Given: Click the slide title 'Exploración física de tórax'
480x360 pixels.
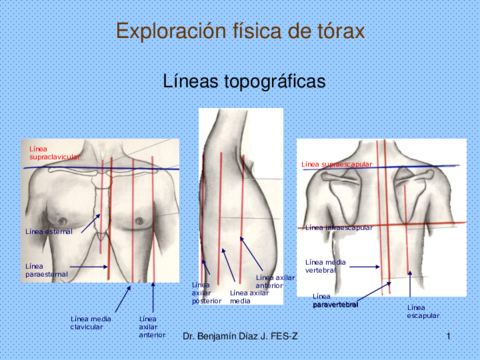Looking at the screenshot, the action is point(240,31).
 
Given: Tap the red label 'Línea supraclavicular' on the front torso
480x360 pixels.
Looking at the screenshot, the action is point(51,153).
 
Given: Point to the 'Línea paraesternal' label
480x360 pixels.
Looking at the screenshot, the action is point(44,270).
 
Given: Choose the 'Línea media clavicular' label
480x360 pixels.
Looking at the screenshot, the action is point(91,321).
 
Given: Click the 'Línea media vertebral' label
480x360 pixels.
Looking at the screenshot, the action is point(326,265).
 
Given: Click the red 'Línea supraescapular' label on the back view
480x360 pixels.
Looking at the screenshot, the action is point(336,163).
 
